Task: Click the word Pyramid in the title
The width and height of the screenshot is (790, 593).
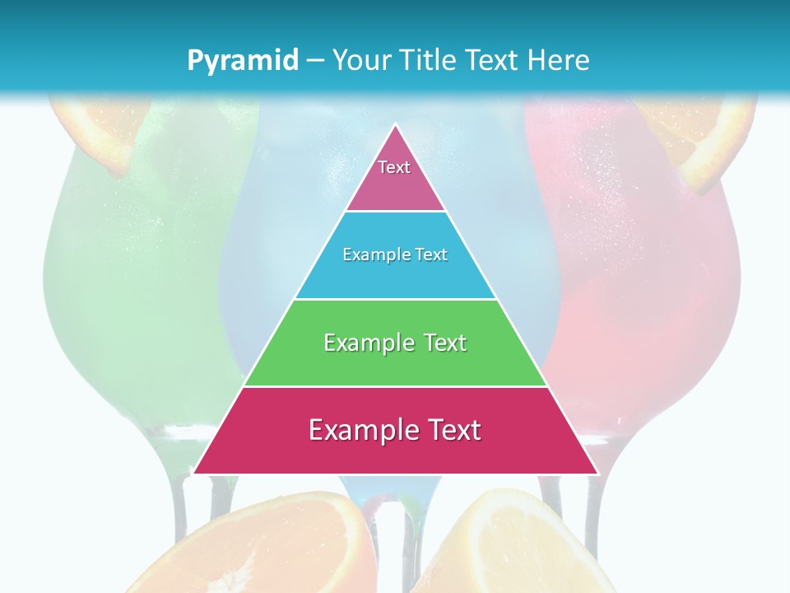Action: (242, 60)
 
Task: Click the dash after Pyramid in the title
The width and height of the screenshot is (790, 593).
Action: (315, 61)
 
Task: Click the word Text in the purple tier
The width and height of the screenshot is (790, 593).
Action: (394, 167)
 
